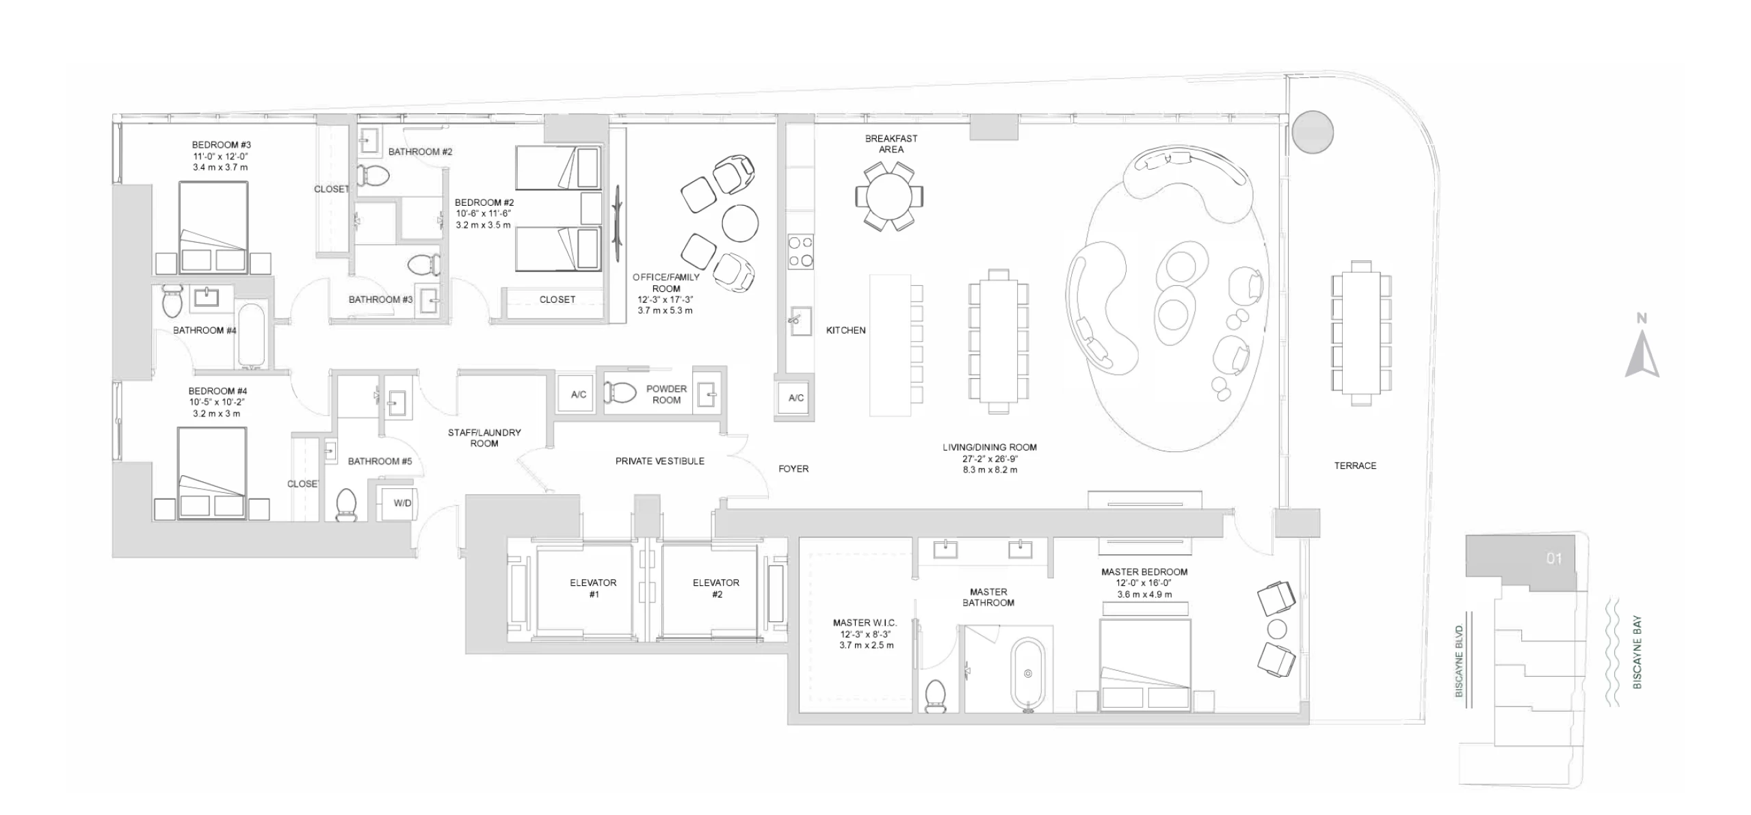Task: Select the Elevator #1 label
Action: pyautogui.click(x=593, y=589)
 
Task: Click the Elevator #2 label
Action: pyautogui.click(x=715, y=589)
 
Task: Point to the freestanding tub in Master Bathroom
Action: pyautogui.click(x=1027, y=673)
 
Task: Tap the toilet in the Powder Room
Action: pyautogui.click(x=620, y=393)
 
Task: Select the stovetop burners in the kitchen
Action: pyautogui.click(x=800, y=251)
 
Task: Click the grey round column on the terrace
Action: pyautogui.click(x=1313, y=132)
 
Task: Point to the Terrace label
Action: pyautogui.click(x=1354, y=466)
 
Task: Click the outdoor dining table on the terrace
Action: pyautogui.click(x=1361, y=333)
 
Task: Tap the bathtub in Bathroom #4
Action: pyautogui.click(x=252, y=335)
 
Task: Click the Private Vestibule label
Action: pyautogui.click(x=659, y=462)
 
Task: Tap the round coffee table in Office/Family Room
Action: pyautogui.click(x=739, y=223)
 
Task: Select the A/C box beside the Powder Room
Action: pyautogui.click(x=579, y=395)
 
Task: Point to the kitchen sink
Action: pyautogui.click(x=800, y=321)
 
